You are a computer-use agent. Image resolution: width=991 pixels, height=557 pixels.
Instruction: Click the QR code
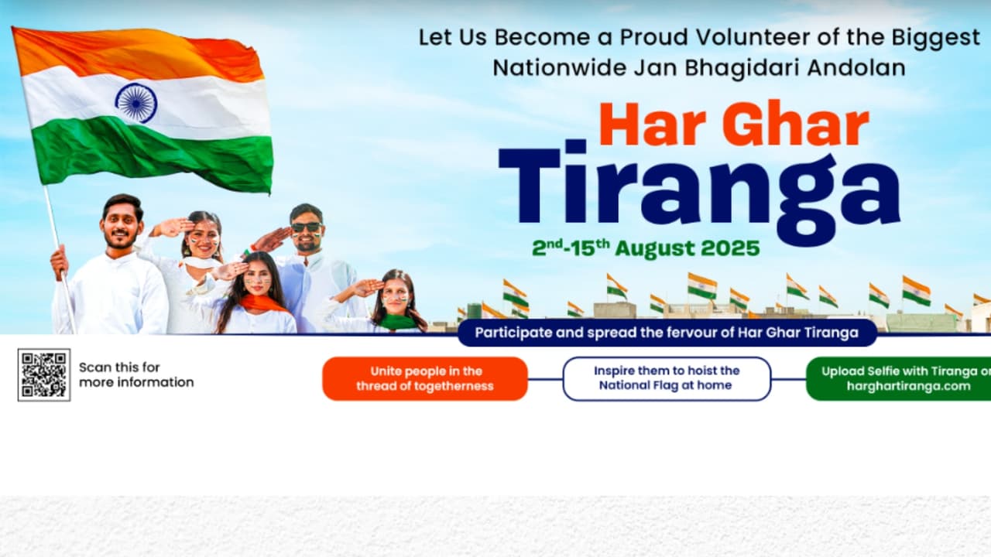[44, 375]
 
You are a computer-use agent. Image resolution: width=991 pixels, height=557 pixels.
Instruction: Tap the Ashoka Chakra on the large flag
[136, 103]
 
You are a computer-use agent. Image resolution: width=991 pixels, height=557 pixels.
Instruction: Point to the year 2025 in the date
[730, 248]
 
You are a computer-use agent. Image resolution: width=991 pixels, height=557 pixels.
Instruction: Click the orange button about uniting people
[425, 379]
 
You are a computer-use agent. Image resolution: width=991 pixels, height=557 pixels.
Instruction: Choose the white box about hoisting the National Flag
[667, 378]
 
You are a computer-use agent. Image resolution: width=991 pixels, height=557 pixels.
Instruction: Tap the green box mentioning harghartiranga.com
[899, 379]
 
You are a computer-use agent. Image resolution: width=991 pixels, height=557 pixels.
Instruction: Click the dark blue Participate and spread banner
[667, 333]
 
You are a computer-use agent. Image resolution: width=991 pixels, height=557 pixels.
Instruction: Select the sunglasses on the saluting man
[306, 227]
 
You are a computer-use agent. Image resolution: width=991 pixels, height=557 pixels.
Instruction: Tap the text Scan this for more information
[136, 375]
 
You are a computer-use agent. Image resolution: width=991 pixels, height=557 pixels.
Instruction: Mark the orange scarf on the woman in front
[262, 303]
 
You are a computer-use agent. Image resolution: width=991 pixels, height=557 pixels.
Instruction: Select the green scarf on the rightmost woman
[397, 321]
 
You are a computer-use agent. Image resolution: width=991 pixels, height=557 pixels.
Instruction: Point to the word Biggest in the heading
[936, 38]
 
